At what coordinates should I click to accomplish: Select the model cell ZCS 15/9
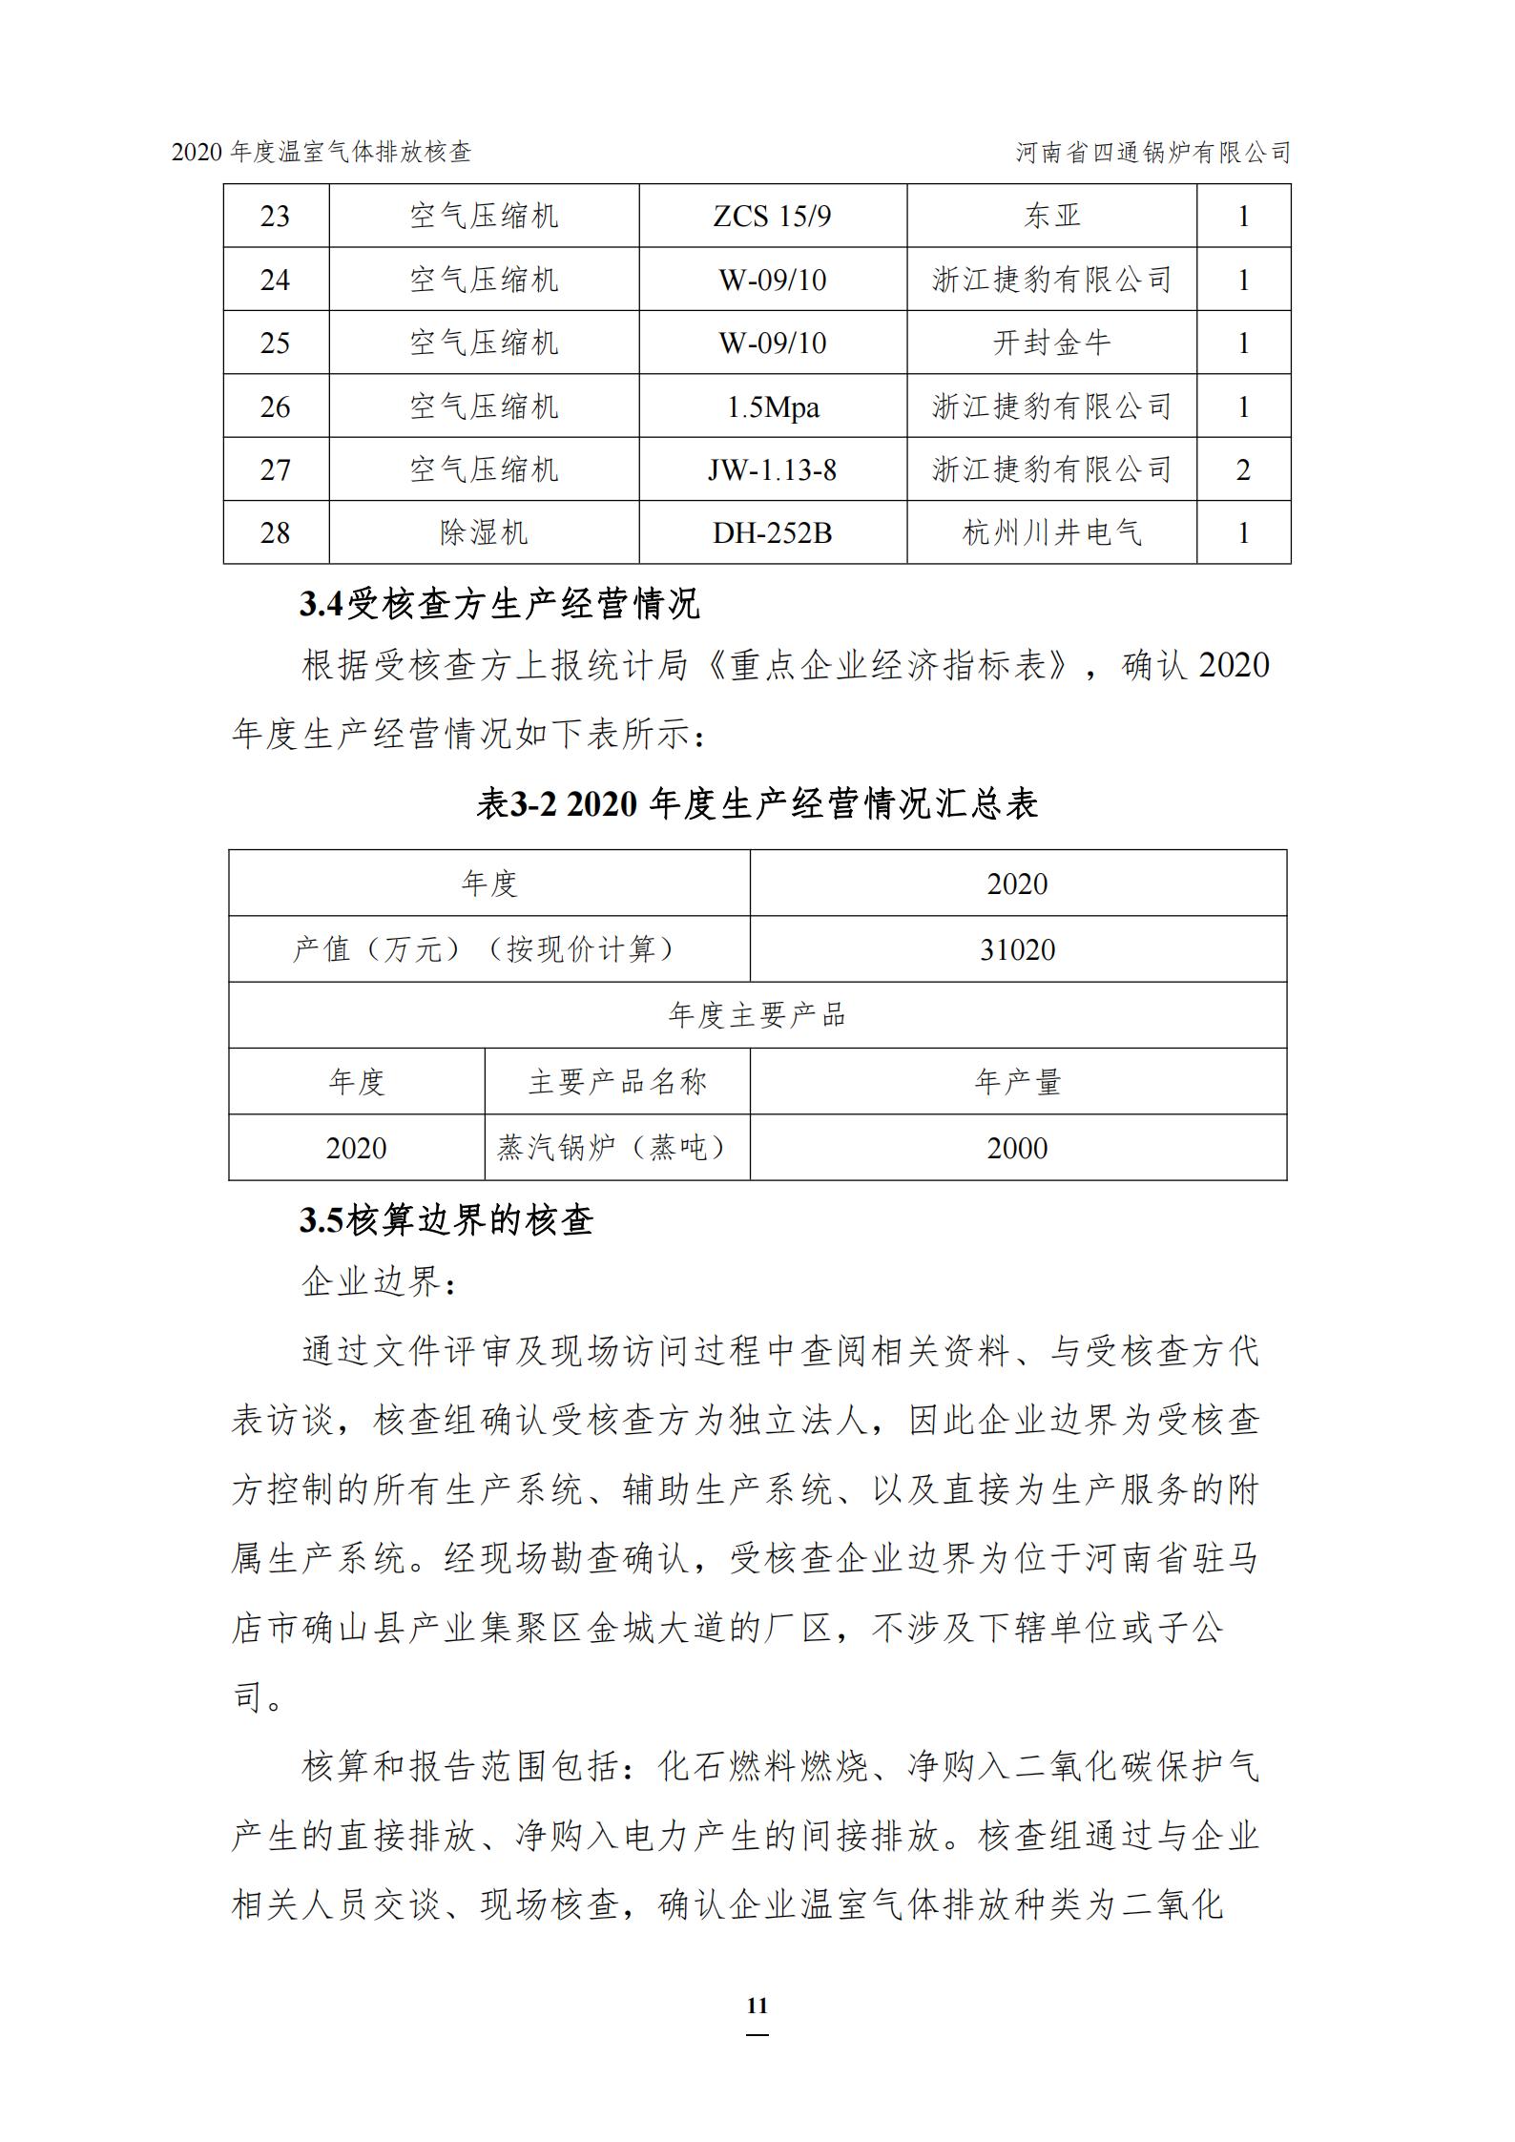pyautogui.click(x=772, y=217)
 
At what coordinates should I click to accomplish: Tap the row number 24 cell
pyautogui.click(x=275, y=280)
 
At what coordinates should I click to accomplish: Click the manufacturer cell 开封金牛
pyautogui.click(x=1051, y=343)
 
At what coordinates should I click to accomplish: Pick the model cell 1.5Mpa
pyautogui.click(x=772, y=407)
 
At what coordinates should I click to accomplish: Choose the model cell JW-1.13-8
pyautogui.click(x=772, y=469)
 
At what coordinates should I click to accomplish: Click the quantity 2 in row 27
pyautogui.click(x=1243, y=469)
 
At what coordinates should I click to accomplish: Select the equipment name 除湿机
pyautogui.click(x=483, y=532)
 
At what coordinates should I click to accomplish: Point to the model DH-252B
pyautogui.click(x=772, y=532)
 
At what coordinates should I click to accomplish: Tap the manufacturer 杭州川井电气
pyautogui.click(x=1051, y=532)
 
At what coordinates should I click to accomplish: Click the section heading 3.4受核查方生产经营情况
pyautogui.click(x=499, y=604)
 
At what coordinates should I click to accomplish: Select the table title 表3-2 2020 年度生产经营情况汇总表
pyautogui.click(x=757, y=803)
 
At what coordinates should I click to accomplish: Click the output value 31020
pyautogui.click(x=1017, y=949)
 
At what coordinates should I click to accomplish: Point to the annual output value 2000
pyautogui.click(x=1017, y=1148)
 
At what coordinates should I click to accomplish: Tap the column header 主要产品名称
pyautogui.click(x=616, y=1082)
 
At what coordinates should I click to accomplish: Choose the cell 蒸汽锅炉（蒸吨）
pyautogui.click(x=616, y=1148)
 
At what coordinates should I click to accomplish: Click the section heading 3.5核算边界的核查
pyautogui.click(x=446, y=1220)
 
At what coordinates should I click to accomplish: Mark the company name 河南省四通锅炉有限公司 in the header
pyautogui.click(x=1152, y=152)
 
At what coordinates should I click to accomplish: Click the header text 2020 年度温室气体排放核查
pyautogui.click(x=322, y=152)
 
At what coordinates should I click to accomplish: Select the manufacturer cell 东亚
pyautogui.click(x=1051, y=217)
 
